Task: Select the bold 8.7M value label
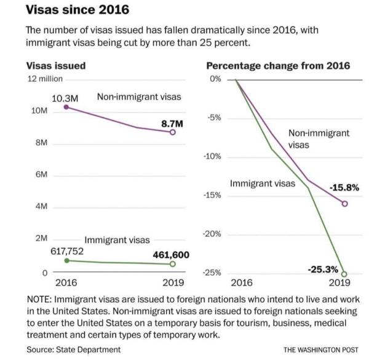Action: coord(172,124)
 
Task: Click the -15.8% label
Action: coord(344,187)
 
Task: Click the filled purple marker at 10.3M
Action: coord(66,108)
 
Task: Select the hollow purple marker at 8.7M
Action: coord(173,132)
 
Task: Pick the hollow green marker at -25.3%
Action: coord(344,274)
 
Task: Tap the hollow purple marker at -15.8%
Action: coord(344,204)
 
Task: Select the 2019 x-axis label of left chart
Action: coord(172,284)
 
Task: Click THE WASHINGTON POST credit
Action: coord(320,350)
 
